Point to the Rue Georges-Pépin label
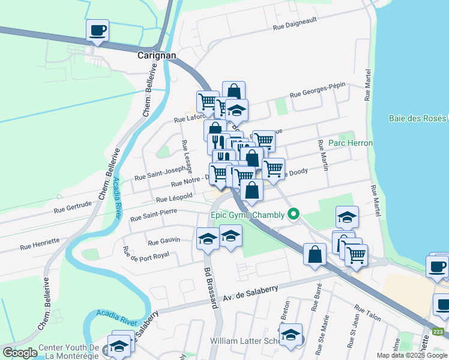318,90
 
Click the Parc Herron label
346,143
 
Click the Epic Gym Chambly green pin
294,214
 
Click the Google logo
20,353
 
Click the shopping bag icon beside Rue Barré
315,254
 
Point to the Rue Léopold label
174,197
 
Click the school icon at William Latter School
291,335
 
